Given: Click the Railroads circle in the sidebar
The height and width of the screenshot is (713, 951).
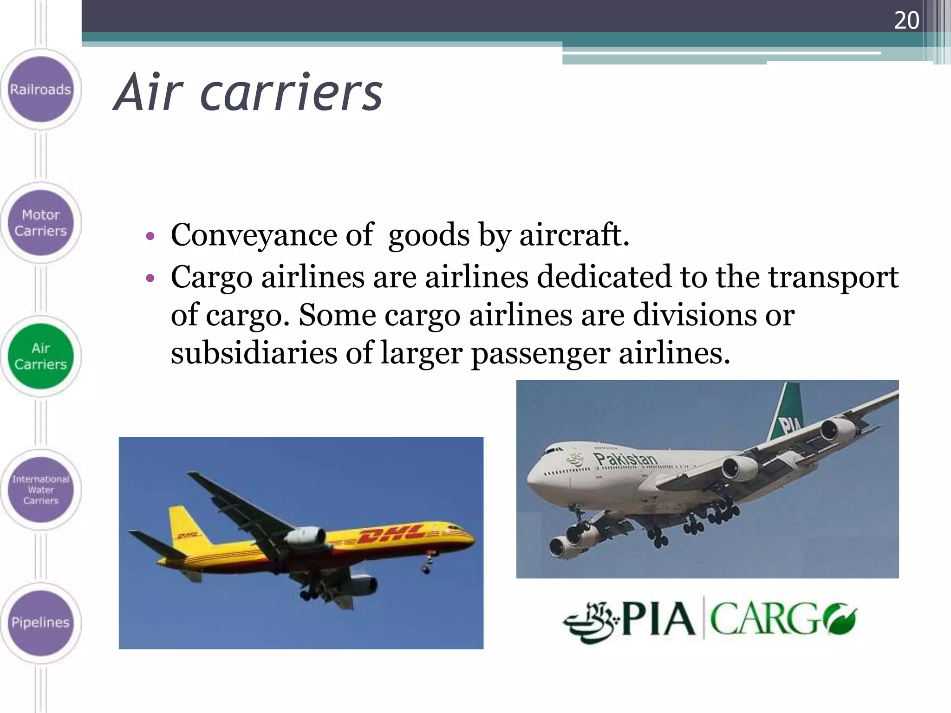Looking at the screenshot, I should (x=41, y=89).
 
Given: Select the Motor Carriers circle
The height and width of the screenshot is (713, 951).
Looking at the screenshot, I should (x=41, y=223).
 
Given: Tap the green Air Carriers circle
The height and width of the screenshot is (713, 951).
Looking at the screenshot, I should (x=41, y=356).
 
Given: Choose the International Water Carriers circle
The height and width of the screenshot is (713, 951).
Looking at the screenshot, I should (x=41, y=490).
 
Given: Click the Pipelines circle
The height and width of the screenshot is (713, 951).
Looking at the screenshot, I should (x=41, y=622).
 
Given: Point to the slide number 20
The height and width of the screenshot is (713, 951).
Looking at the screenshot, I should (x=906, y=20).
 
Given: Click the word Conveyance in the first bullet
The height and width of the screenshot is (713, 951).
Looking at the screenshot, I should (x=254, y=235).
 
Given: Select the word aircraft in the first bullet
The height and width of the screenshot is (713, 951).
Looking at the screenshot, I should (x=574, y=235).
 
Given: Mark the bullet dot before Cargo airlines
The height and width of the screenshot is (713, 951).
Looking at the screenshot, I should (x=150, y=279).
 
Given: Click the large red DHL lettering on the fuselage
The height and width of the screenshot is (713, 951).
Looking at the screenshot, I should (x=392, y=534).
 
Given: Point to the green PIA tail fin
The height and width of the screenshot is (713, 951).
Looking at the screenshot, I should (x=787, y=413).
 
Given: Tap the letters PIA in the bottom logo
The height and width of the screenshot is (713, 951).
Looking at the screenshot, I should (x=658, y=620).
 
